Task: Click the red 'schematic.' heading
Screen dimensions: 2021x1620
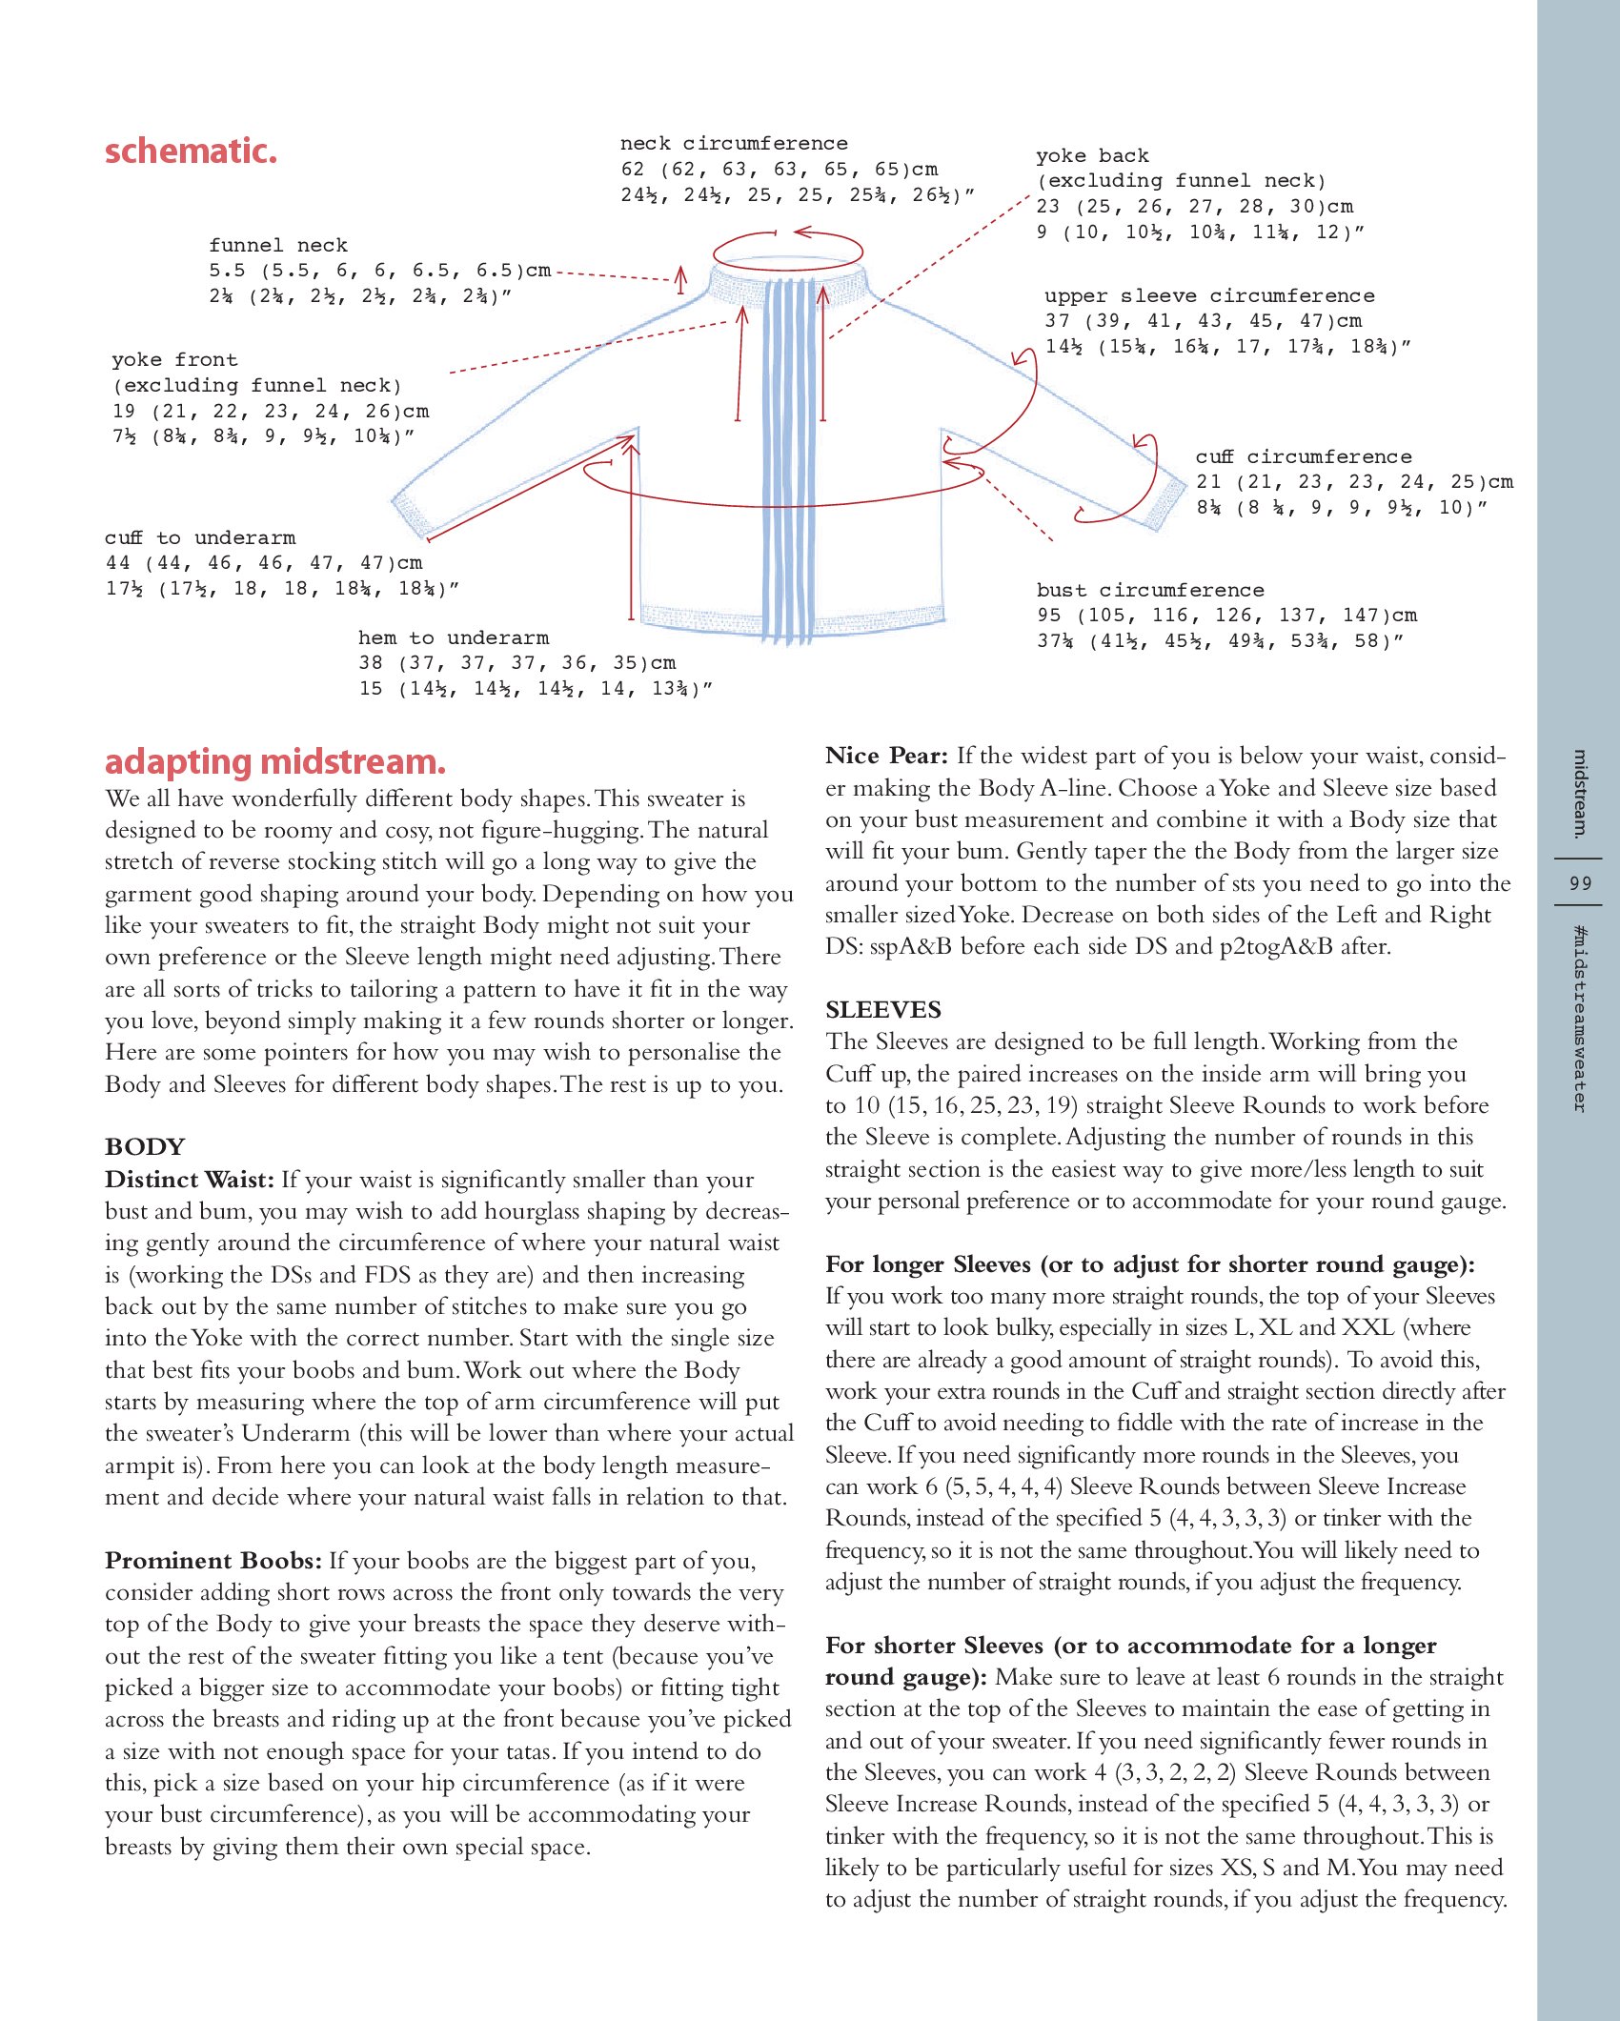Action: pyautogui.click(x=191, y=152)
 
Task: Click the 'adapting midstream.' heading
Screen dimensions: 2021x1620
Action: pyautogui.click(x=274, y=762)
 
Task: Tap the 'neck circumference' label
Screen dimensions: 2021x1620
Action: pyautogui.click(x=733, y=144)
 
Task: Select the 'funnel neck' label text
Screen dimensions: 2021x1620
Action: pyautogui.click(x=278, y=246)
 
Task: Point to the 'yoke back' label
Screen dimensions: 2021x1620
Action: pyautogui.click(x=1092, y=156)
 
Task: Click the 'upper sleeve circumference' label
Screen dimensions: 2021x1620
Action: pyautogui.click(x=1208, y=296)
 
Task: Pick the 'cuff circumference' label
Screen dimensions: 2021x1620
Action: pyautogui.click(x=1303, y=457)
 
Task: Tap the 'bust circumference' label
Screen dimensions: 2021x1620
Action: pyautogui.click(x=1150, y=591)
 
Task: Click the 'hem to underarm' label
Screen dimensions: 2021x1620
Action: pyautogui.click(x=453, y=638)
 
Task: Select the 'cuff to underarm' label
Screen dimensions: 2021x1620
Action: pyautogui.click(x=200, y=538)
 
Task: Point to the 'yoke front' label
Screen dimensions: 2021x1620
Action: pyautogui.click(x=174, y=360)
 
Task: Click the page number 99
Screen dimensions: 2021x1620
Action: pyautogui.click(x=1580, y=883)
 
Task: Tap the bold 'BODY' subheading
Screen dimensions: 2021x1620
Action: pyautogui.click(x=145, y=1147)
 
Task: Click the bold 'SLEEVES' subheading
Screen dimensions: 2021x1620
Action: pyautogui.click(x=882, y=1010)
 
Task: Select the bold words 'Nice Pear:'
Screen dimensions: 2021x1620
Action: pyautogui.click(x=886, y=757)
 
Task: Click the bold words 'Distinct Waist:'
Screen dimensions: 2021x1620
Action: pyautogui.click(x=189, y=1180)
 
